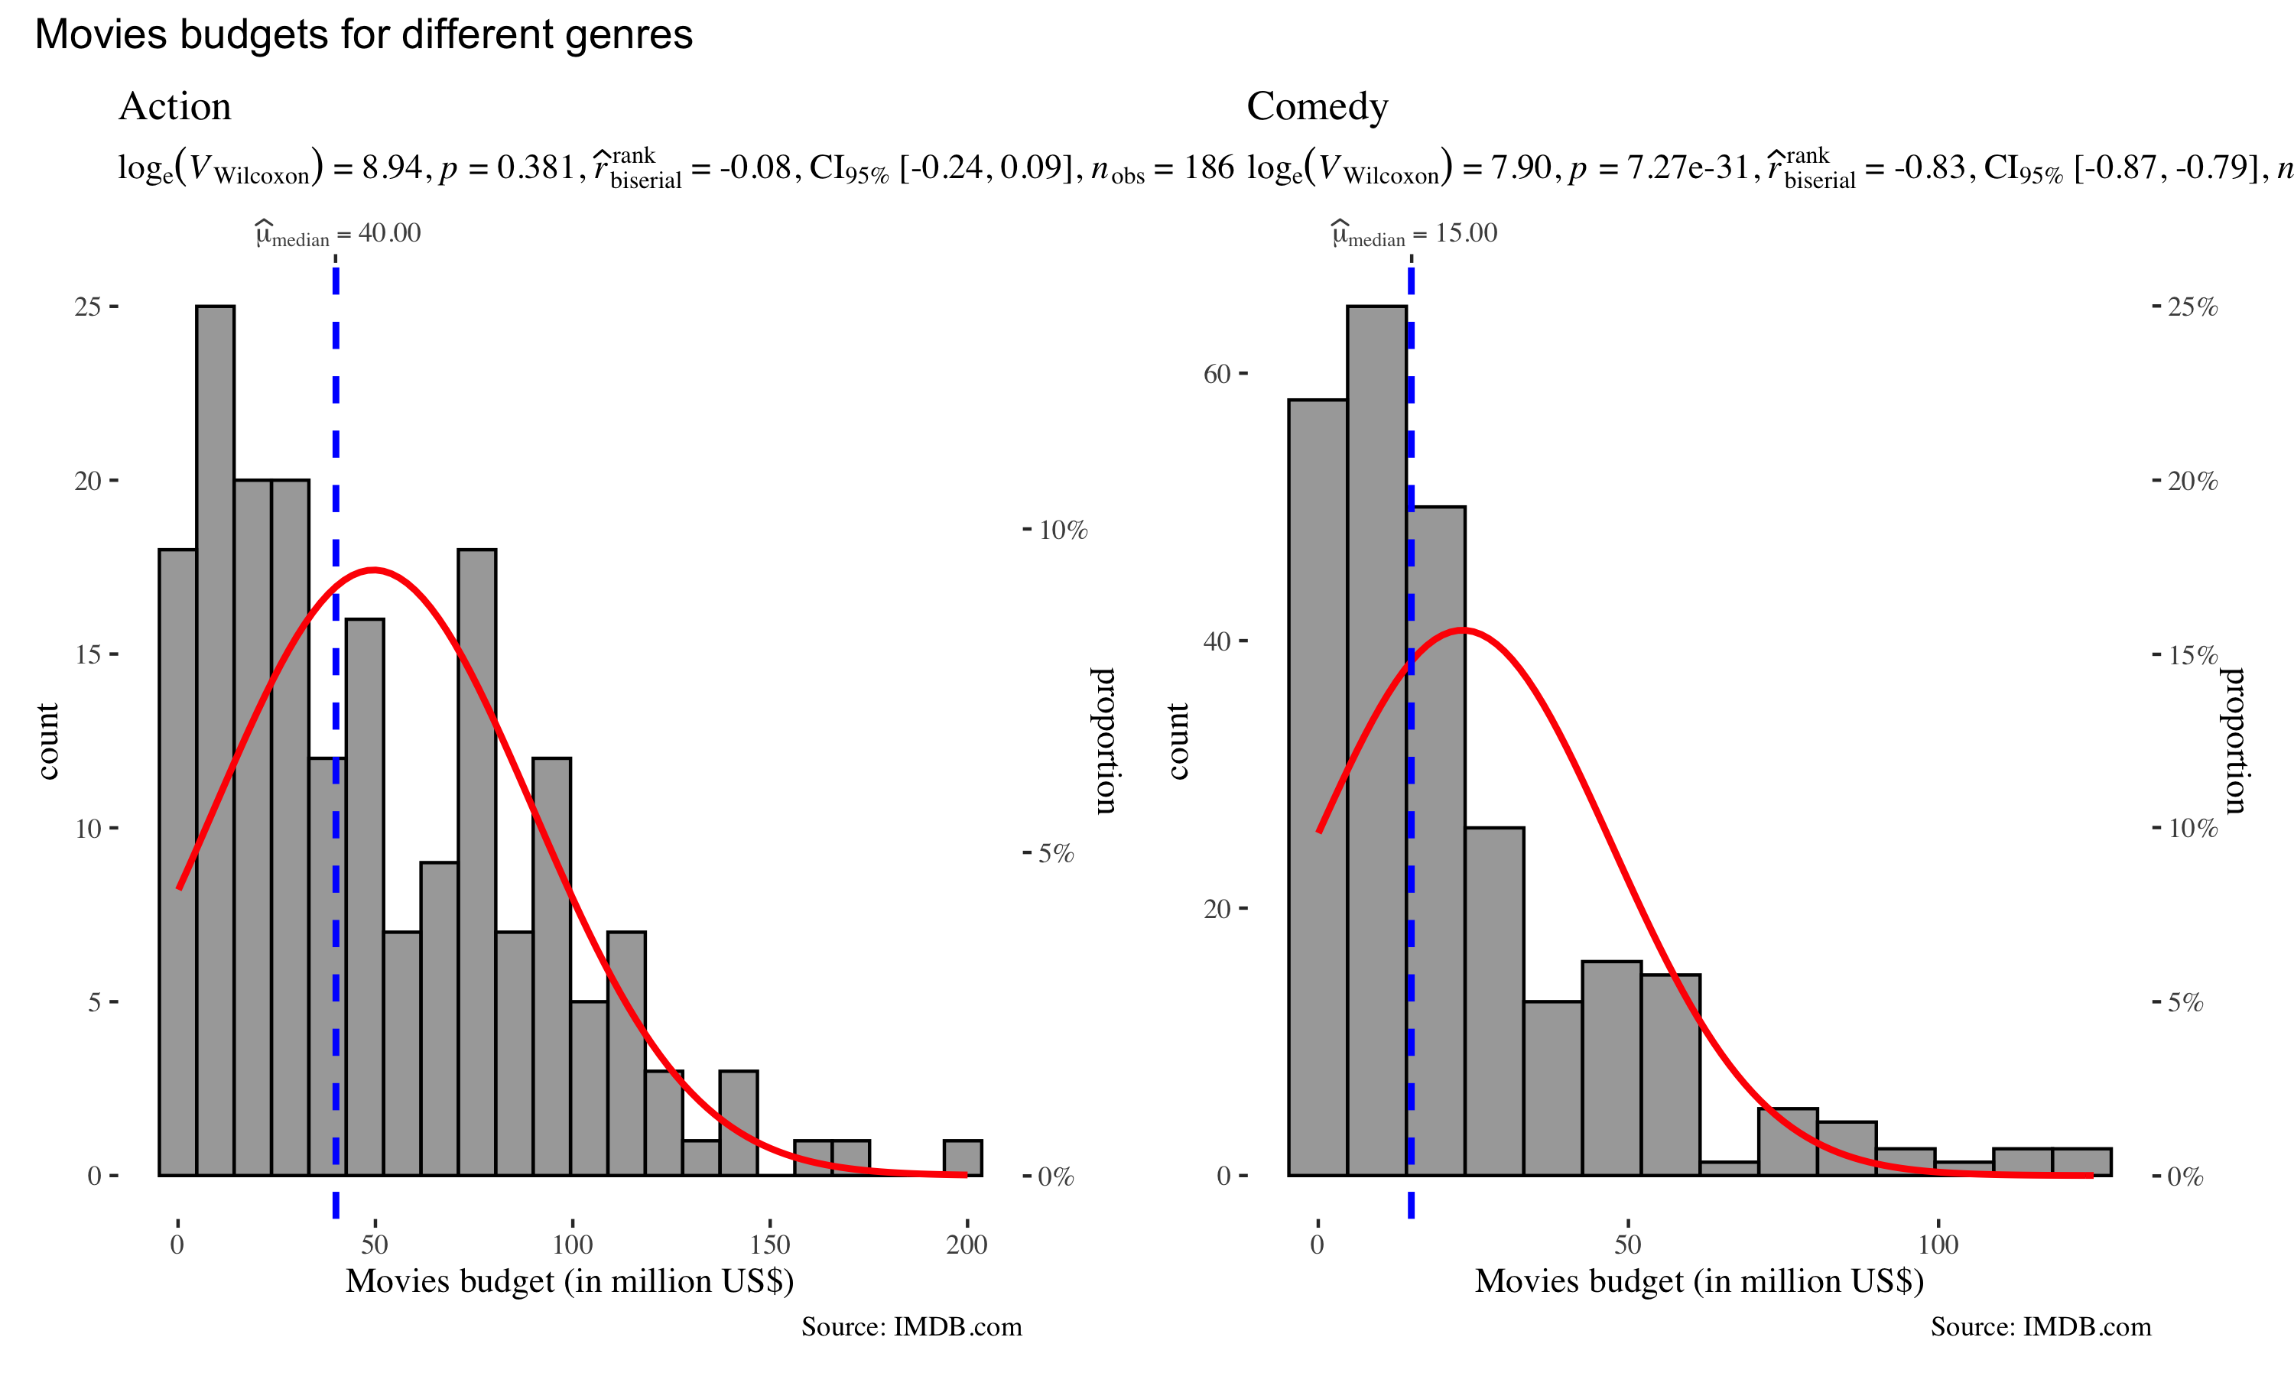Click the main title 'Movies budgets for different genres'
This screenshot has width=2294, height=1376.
pos(363,35)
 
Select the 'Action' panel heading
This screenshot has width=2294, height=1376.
pos(174,106)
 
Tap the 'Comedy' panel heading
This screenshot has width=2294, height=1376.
pos(1317,106)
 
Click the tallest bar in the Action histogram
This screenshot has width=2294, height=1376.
pos(215,742)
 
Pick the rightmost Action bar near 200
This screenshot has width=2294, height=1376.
pos(963,1158)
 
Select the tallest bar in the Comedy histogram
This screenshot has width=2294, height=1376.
pos(1376,742)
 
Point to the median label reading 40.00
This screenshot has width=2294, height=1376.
pos(339,234)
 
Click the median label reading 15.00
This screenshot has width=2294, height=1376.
pos(1415,234)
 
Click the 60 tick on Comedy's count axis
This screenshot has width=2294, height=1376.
pos(1217,374)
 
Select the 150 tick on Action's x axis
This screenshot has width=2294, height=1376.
pos(769,1245)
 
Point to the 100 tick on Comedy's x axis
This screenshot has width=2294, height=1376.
pos(1938,1245)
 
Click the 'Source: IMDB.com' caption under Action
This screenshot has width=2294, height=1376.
pos(911,1327)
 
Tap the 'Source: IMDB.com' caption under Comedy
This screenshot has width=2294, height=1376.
pos(2041,1327)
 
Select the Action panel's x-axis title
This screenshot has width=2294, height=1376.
pos(570,1280)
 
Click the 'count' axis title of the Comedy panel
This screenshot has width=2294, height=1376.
pos(1178,741)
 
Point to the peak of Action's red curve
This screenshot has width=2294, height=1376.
pos(372,570)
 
